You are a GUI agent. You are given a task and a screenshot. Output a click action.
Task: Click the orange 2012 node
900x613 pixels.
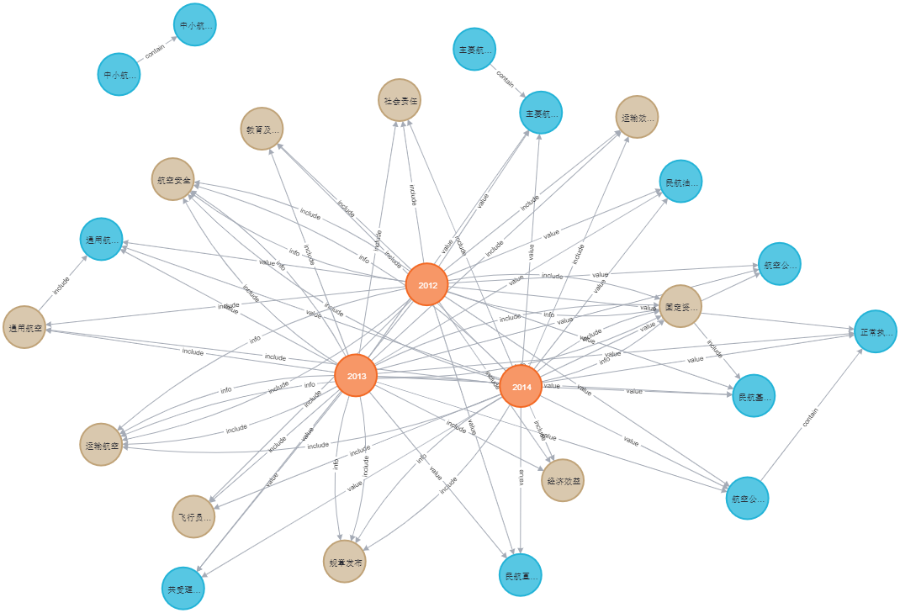tap(426, 285)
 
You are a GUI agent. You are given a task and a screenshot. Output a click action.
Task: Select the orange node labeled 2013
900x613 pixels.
tap(356, 375)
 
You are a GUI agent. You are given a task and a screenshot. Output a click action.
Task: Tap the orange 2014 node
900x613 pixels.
tap(521, 387)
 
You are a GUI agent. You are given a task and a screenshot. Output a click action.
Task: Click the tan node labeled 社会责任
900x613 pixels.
tap(399, 101)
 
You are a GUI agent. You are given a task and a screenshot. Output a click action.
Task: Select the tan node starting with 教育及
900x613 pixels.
tap(262, 129)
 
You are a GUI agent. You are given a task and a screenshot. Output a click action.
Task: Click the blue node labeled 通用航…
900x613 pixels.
tap(101, 239)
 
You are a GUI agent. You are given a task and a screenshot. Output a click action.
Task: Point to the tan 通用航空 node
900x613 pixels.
tap(24, 327)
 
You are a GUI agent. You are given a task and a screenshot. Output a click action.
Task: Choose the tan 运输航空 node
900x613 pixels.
tap(101, 444)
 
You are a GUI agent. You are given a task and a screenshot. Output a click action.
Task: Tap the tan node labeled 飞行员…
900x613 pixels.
tap(193, 516)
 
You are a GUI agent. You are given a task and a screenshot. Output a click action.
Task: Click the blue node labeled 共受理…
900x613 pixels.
tap(183, 589)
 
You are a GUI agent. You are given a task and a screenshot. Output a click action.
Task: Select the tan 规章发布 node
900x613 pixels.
tap(344, 562)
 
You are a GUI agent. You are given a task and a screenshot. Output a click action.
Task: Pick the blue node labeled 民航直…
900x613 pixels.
tap(521, 575)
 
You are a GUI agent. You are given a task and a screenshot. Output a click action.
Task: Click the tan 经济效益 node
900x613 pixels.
tap(563, 480)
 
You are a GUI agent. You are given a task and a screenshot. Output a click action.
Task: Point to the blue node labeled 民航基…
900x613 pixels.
tap(753, 395)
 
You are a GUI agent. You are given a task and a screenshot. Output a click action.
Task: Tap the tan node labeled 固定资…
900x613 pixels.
tap(680, 306)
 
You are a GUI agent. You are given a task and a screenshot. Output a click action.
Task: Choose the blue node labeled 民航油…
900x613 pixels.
tap(680, 181)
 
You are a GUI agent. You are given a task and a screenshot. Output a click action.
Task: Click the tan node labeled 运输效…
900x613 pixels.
tap(637, 117)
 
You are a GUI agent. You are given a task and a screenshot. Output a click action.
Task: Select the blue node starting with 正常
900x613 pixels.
tap(876, 331)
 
